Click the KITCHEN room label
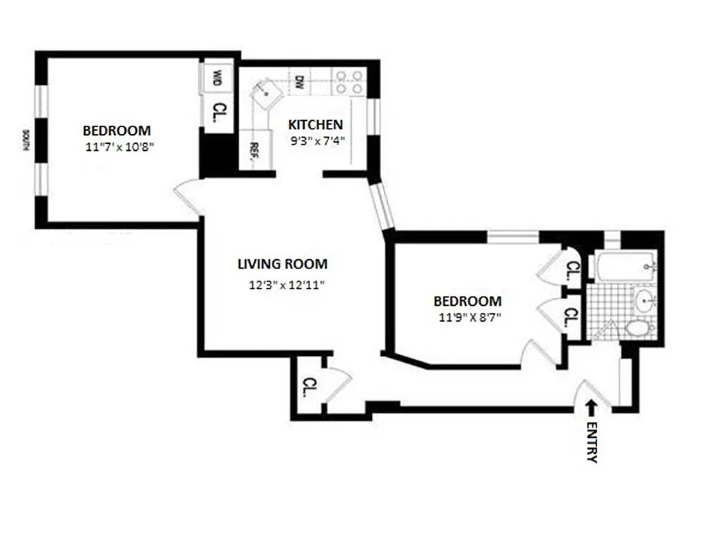(x=315, y=125)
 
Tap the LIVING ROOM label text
(x=282, y=264)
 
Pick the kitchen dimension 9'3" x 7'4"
(x=317, y=140)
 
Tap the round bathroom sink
(x=645, y=302)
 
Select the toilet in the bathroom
(x=637, y=327)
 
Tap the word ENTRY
(x=592, y=441)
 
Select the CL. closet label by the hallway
(x=308, y=386)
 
